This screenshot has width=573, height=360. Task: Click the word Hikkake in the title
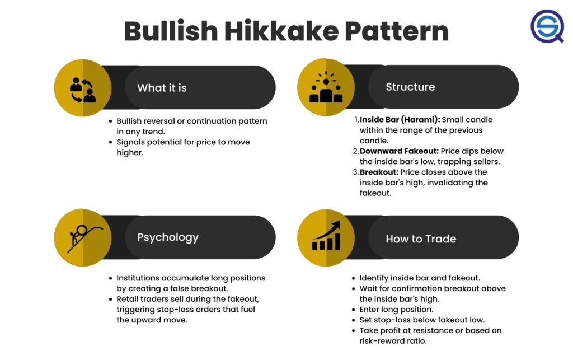coord(281,31)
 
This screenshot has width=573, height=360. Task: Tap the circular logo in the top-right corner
coord(547,26)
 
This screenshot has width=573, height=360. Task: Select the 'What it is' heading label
coord(162,88)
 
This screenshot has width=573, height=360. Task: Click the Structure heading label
coord(410,87)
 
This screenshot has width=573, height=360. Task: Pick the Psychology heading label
coord(168,237)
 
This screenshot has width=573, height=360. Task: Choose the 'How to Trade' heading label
coord(421,239)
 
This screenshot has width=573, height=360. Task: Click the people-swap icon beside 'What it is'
coord(83,90)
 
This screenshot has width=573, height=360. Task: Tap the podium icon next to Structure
coord(326,87)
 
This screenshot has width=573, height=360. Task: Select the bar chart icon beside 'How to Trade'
coord(326,236)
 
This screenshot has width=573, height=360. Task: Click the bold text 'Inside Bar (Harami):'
coord(400,120)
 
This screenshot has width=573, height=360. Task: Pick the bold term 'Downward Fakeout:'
coord(399,151)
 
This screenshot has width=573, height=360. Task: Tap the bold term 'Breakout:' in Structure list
coord(379,172)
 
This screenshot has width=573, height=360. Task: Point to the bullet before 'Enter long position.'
coord(354,310)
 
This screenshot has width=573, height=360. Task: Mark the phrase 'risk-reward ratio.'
coord(393,341)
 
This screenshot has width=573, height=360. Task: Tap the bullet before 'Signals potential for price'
coord(110,142)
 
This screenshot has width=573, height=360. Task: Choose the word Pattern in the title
coord(397,31)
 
